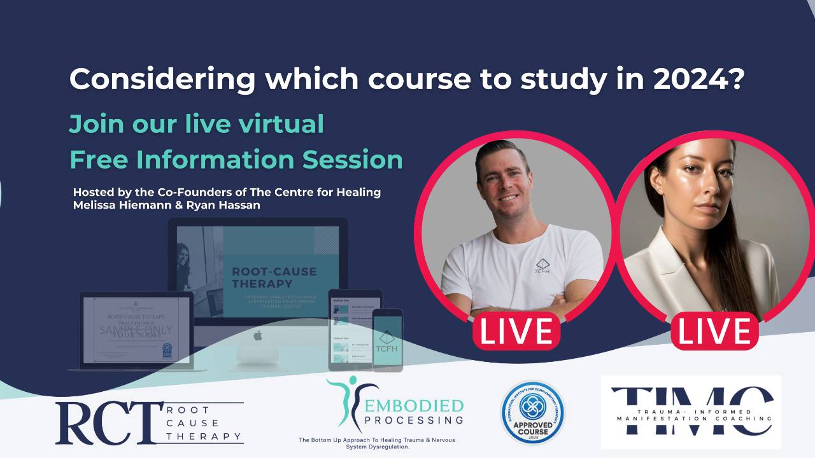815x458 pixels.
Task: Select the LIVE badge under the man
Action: (x=516, y=331)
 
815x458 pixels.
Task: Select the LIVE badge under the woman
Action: (x=714, y=331)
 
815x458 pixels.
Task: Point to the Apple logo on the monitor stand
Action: (x=257, y=335)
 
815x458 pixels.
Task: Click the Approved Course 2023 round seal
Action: (x=532, y=412)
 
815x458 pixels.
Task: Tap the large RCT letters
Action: (x=105, y=423)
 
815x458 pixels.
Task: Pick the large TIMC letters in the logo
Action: (x=691, y=410)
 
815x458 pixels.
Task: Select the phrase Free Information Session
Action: (x=236, y=160)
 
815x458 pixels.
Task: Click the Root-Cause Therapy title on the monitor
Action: (x=274, y=277)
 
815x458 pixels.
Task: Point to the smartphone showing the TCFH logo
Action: (x=387, y=340)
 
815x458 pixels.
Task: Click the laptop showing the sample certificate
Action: (x=136, y=331)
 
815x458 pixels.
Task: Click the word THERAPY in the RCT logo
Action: (x=204, y=436)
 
